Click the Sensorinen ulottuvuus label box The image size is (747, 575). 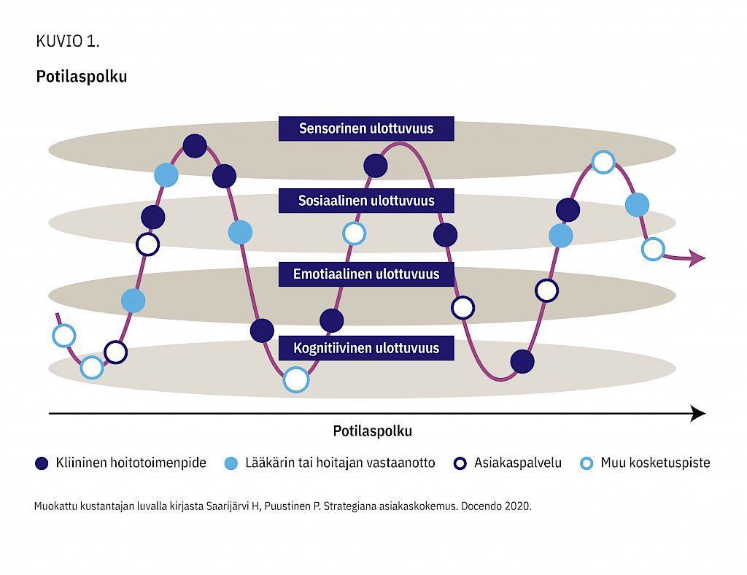point(366,128)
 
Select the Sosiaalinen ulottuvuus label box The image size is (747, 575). point(366,201)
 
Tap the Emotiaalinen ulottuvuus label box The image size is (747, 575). point(366,274)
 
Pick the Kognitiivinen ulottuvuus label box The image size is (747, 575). point(366,348)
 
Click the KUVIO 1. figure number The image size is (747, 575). point(68,42)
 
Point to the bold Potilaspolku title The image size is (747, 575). point(82,77)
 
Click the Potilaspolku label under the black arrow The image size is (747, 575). point(372,431)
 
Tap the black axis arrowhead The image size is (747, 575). point(698,414)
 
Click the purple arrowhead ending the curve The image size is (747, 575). point(698,258)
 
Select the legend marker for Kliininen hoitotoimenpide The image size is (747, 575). point(42,463)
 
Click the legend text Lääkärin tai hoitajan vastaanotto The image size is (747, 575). point(340,463)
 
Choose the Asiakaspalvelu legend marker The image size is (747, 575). point(460,463)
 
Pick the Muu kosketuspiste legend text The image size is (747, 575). point(655,463)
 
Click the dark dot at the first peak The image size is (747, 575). point(195,146)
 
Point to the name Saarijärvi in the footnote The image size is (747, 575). point(233,506)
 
